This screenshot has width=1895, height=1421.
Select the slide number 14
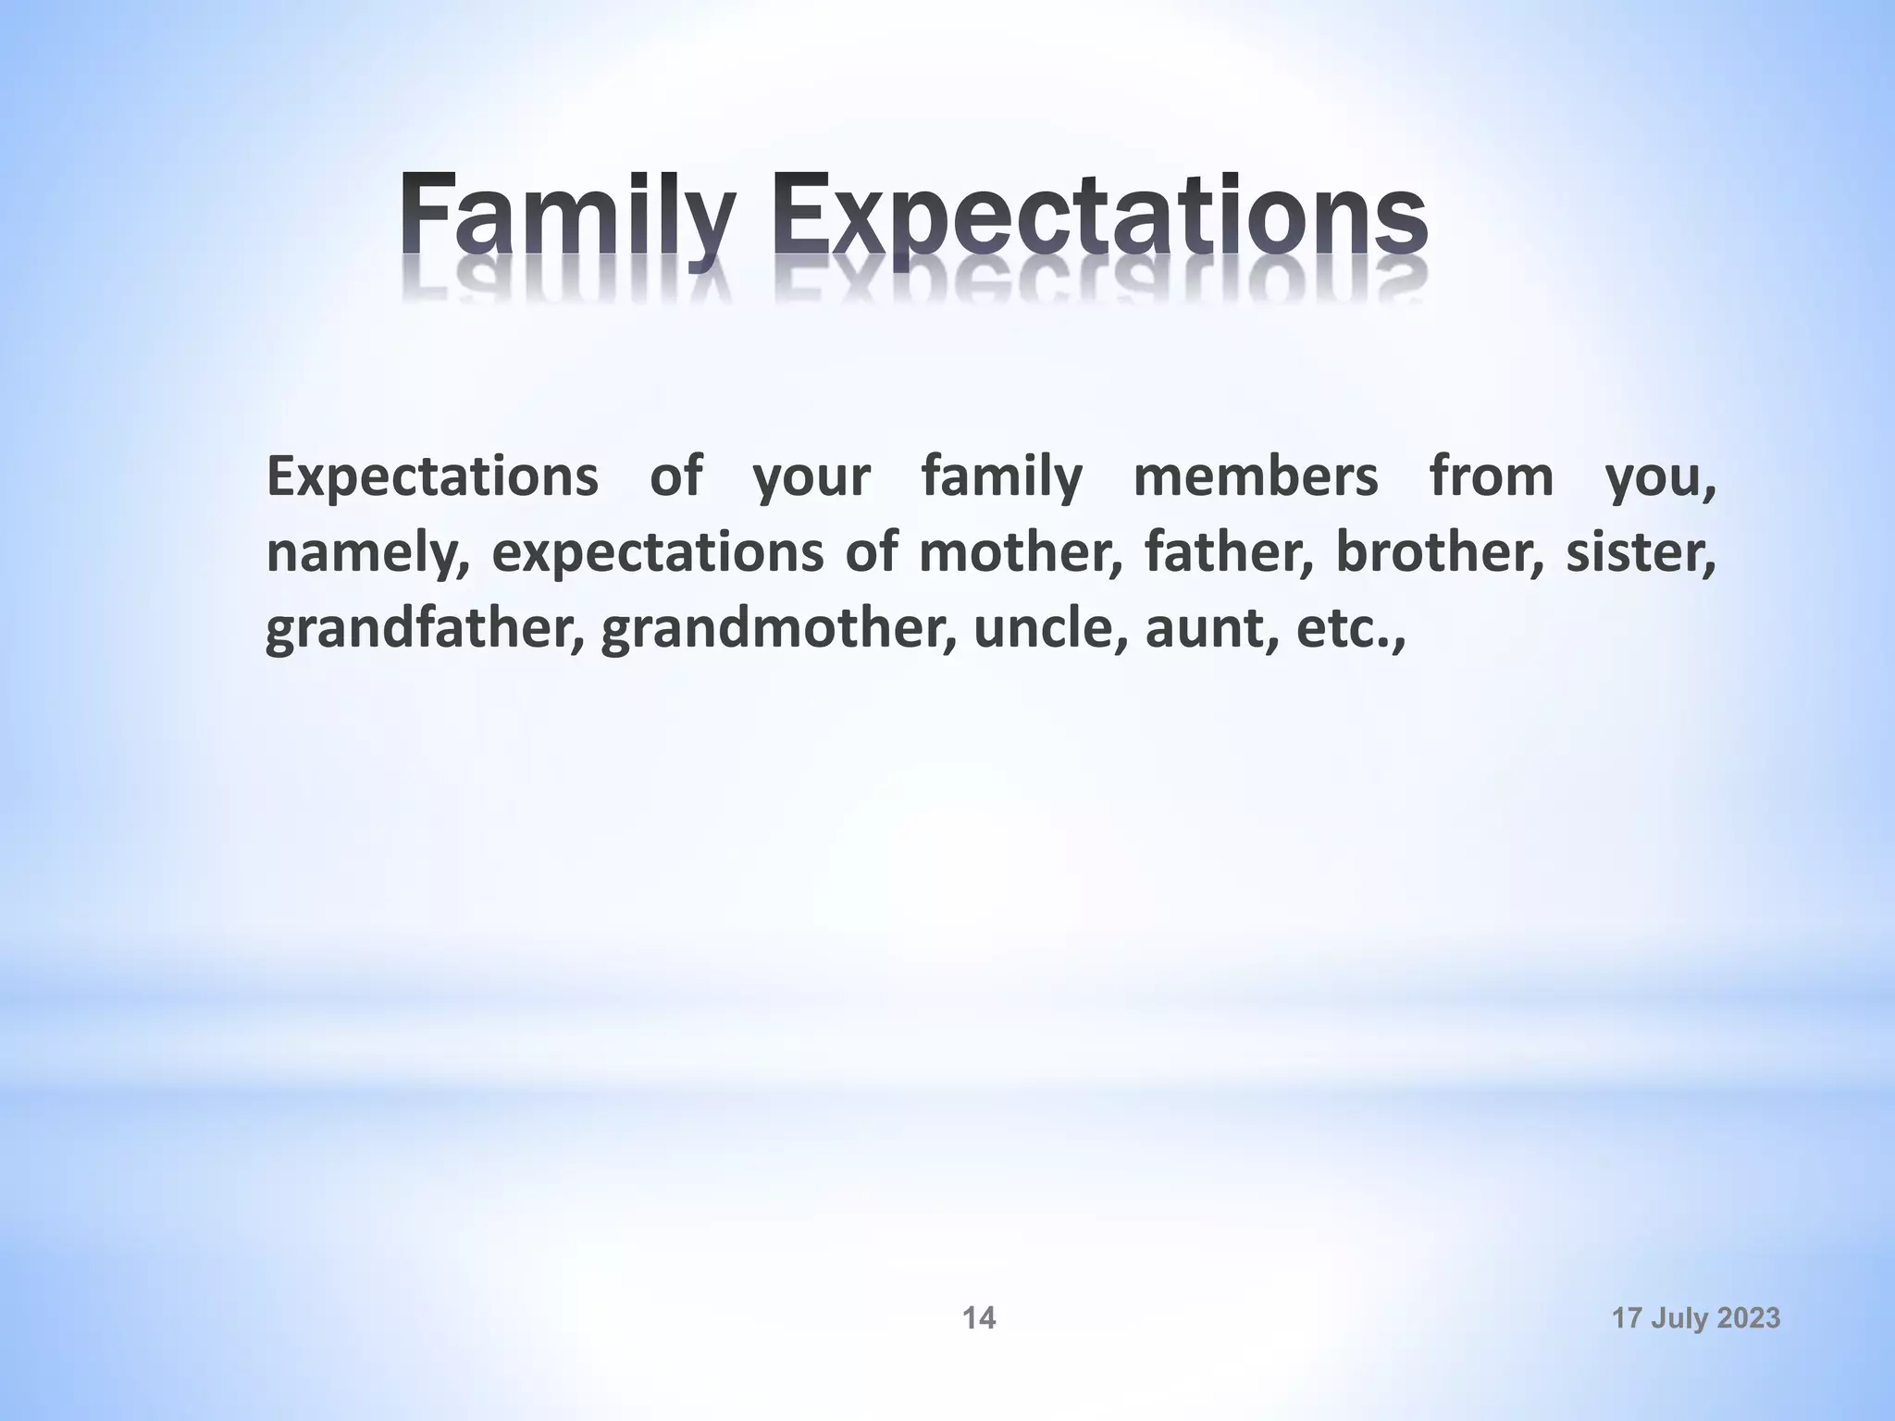tap(979, 1318)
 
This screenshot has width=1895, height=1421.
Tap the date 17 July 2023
tap(1696, 1318)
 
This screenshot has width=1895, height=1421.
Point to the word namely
tap(366, 552)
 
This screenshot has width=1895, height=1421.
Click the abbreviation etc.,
tap(1350, 629)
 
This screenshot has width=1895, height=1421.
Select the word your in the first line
tap(811, 478)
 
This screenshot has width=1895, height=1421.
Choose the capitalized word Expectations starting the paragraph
tap(432, 478)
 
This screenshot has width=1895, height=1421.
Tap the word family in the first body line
tap(1001, 478)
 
